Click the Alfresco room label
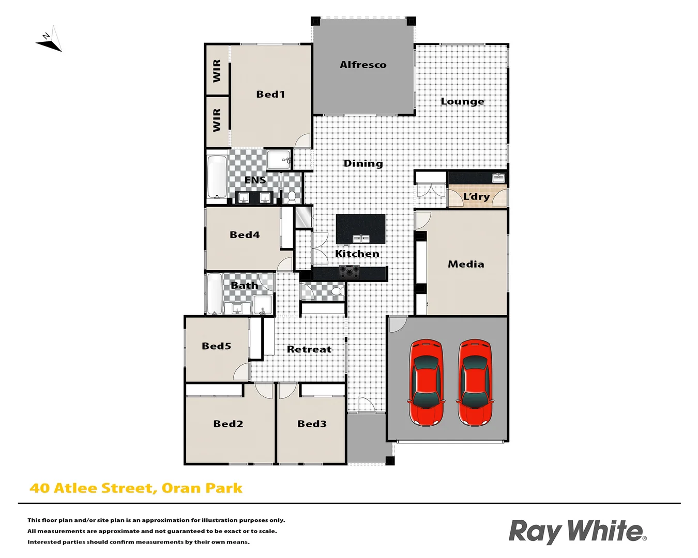coord(363,65)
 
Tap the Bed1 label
coord(270,94)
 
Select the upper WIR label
coord(217,71)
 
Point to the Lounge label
coord(462,101)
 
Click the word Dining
coord(363,163)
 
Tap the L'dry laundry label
coord(476,196)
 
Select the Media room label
coord(466,264)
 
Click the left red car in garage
coord(426,383)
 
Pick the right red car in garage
coord(475,383)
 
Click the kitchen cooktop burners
coord(350,272)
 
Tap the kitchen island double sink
coord(361,238)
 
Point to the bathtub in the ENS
coord(217,177)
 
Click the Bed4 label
coord(245,235)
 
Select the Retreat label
coord(309,349)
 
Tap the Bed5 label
coord(216,346)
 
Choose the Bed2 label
coord(228,424)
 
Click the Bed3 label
coord(312,424)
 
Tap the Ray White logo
coord(577,531)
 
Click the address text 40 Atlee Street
coord(93,488)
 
